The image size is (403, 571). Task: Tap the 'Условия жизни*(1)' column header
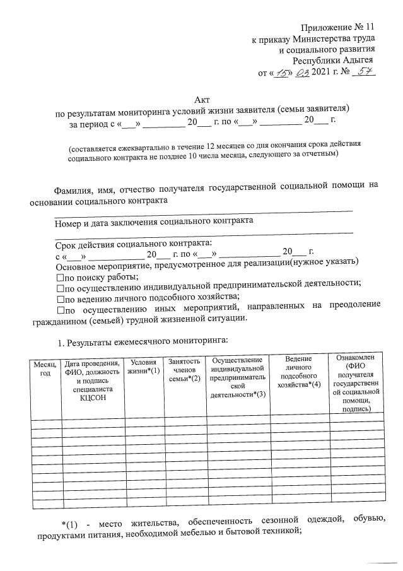[x=144, y=367]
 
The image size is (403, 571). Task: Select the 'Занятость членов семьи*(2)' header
[x=184, y=370]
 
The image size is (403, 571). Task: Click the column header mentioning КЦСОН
[x=93, y=380]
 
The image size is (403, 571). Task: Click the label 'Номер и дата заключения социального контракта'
[x=154, y=221]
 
